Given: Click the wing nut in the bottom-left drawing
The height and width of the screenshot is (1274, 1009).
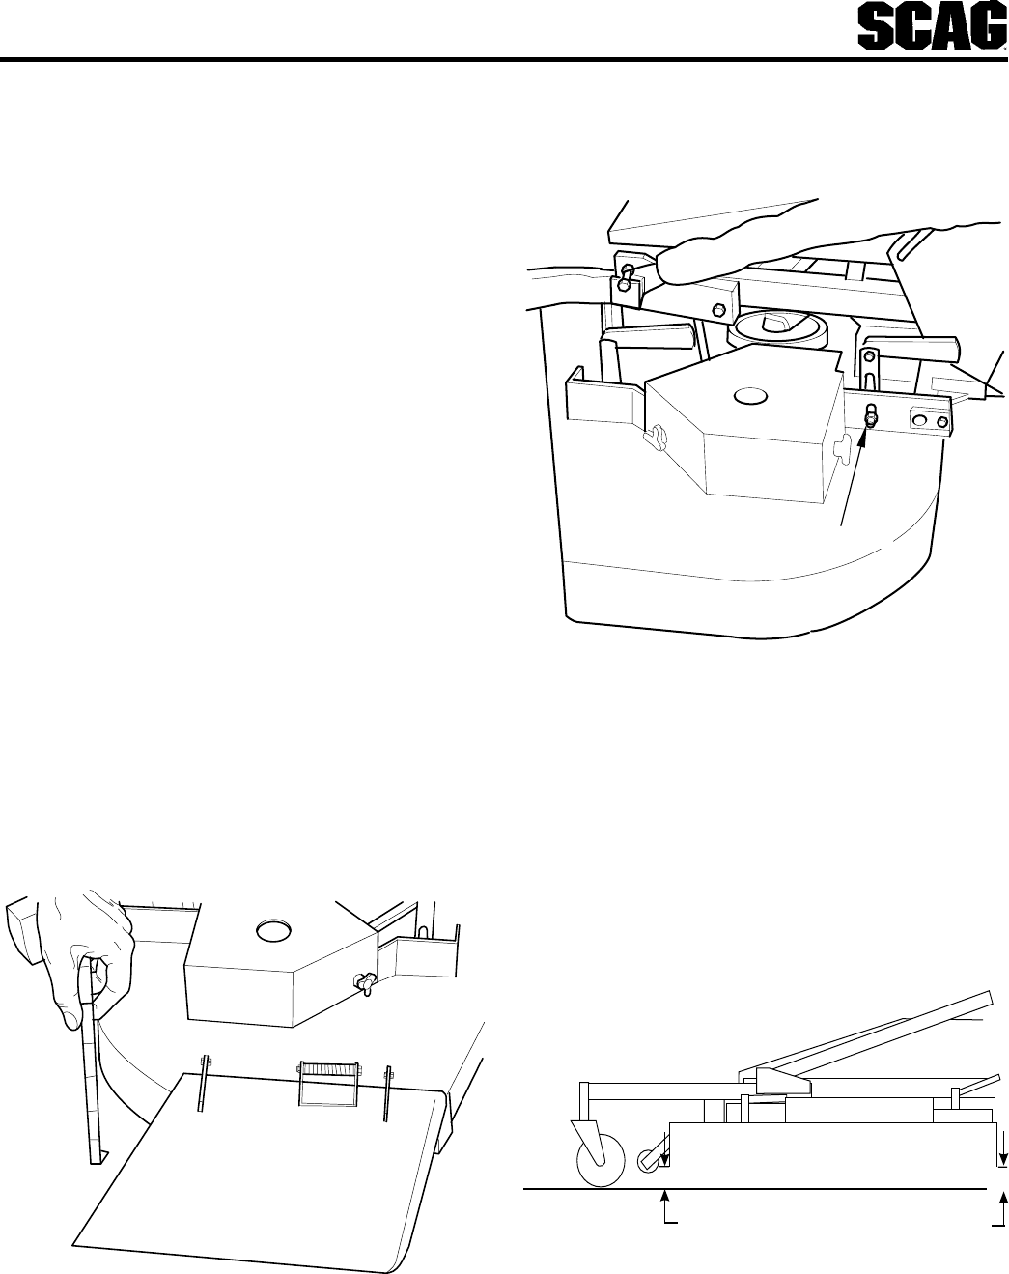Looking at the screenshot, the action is tap(365, 984).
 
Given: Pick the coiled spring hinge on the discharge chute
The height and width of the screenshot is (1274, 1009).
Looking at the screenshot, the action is tap(327, 1085).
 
